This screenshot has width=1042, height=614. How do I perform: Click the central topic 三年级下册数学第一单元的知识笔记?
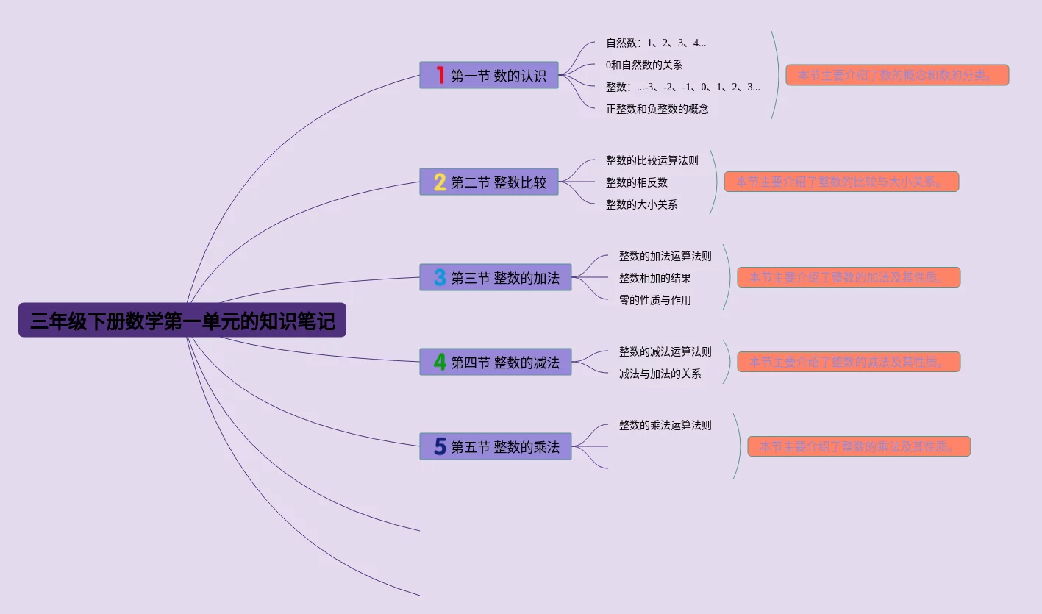point(182,321)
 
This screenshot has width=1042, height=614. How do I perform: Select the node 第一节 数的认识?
point(489,75)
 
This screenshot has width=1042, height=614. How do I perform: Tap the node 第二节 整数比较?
point(489,182)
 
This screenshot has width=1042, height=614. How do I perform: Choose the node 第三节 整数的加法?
point(496,277)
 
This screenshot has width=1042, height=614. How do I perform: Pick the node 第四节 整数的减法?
point(496,362)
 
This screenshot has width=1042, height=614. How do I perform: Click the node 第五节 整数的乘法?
point(496,446)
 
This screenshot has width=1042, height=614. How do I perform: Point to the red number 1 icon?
point(440,75)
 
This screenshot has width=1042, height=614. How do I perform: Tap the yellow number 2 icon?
point(440,182)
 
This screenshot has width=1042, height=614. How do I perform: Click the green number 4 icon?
point(440,362)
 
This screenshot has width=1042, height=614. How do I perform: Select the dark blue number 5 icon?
point(440,446)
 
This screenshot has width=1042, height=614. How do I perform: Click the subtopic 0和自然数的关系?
point(644,65)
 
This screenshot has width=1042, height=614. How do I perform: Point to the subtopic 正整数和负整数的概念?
point(657,109)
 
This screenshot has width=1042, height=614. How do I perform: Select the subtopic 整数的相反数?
point(637,182)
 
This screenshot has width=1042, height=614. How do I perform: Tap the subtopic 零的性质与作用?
point(655,300)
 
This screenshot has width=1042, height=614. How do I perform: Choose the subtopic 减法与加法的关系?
point(660,374)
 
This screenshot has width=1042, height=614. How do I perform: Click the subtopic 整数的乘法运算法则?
point(665,425)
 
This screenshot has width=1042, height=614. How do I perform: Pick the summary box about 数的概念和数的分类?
point(897,75)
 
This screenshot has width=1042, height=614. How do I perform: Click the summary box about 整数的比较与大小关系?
point(841,182)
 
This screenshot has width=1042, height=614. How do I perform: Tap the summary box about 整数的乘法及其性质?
point(859,446)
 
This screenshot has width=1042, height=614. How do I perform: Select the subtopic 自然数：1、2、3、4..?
point(656,43)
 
